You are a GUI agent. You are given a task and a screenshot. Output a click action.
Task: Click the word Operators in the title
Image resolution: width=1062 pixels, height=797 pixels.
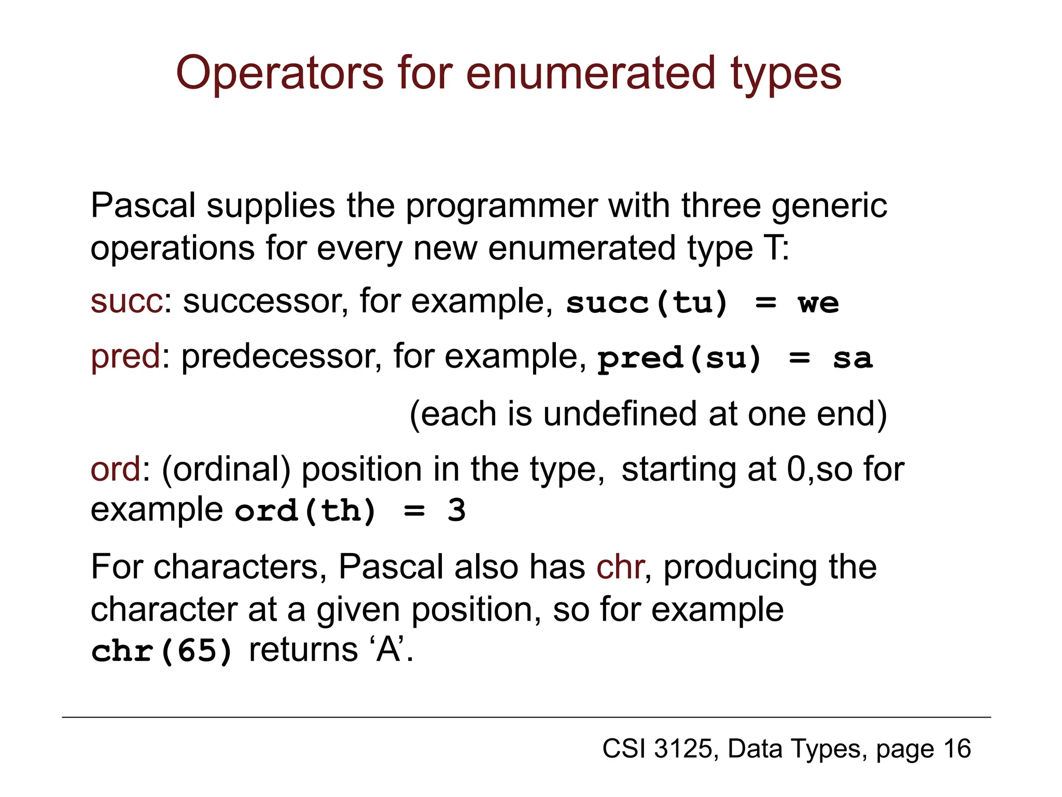pos(280,74)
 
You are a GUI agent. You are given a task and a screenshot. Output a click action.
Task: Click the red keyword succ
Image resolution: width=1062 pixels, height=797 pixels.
pos(127,301)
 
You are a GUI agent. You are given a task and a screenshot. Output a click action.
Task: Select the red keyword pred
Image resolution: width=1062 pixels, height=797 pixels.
pos(125,357)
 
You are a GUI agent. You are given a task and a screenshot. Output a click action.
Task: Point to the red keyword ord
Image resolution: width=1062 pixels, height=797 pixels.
pos(115,469)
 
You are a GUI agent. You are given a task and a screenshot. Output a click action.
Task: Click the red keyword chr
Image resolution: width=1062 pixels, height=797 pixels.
pos(620,567)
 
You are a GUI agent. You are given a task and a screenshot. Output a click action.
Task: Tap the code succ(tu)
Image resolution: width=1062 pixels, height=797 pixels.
pos(647,303)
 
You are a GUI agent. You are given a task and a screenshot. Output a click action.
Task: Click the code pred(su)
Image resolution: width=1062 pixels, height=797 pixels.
pos(679,358)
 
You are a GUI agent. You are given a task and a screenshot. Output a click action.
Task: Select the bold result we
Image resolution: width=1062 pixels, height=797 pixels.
pos(818,303)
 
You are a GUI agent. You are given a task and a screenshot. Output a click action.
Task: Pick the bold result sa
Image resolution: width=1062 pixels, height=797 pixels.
pos(853,358)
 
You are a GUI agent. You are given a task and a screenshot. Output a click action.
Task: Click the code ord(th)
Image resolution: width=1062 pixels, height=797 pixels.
pos(305,511)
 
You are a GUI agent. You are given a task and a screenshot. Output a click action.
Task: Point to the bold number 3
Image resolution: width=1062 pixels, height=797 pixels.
pos(456,511)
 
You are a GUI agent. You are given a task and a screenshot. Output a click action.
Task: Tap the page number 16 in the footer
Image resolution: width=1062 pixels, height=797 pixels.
pos(957,749)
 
